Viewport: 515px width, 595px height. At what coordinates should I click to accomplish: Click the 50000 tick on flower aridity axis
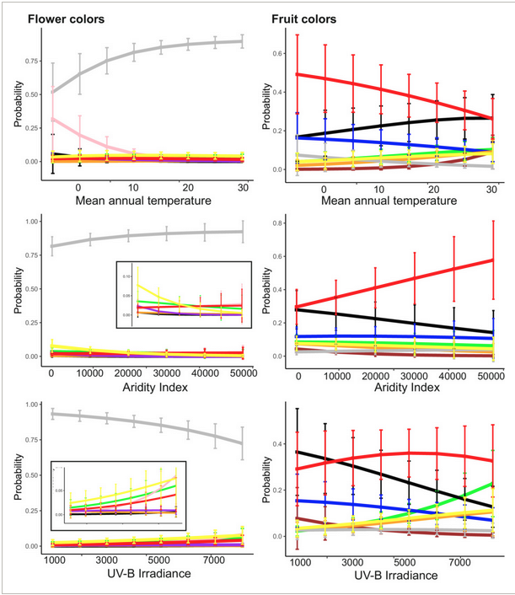click(242, 373)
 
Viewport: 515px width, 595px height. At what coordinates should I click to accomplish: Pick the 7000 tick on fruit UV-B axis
click(460, 560)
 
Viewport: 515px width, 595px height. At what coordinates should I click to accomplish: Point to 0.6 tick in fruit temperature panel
click(281, 53)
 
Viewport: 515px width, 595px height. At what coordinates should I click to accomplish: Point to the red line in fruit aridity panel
click(396, 277)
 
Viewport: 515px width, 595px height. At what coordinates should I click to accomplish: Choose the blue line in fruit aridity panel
click(396, 336)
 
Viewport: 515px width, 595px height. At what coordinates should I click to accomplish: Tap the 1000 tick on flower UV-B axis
click(55, 560)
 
